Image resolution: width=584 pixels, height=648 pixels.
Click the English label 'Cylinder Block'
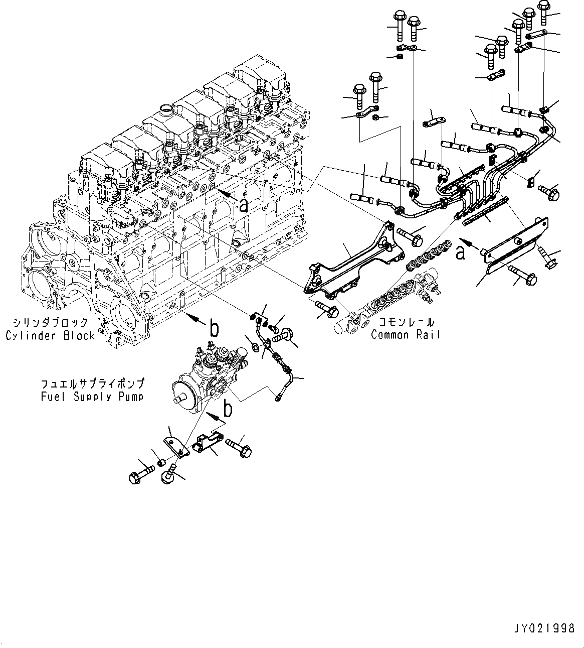tap(50, 336)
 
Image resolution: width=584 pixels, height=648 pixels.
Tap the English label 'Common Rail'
tap(406, 334)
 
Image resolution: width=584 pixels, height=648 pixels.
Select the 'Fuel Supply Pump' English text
tap(92, 397)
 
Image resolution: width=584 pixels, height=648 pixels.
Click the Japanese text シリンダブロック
tap(50, 323)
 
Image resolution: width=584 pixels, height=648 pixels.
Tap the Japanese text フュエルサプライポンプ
tap(92, 384)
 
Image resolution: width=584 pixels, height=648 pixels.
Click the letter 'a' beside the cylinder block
tap(244, 204)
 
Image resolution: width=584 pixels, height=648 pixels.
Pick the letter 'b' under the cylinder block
tap(214, 329)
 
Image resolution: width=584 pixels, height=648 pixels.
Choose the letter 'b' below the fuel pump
tap(228, 409)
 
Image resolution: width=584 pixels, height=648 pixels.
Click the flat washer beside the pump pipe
tap(255, 346)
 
